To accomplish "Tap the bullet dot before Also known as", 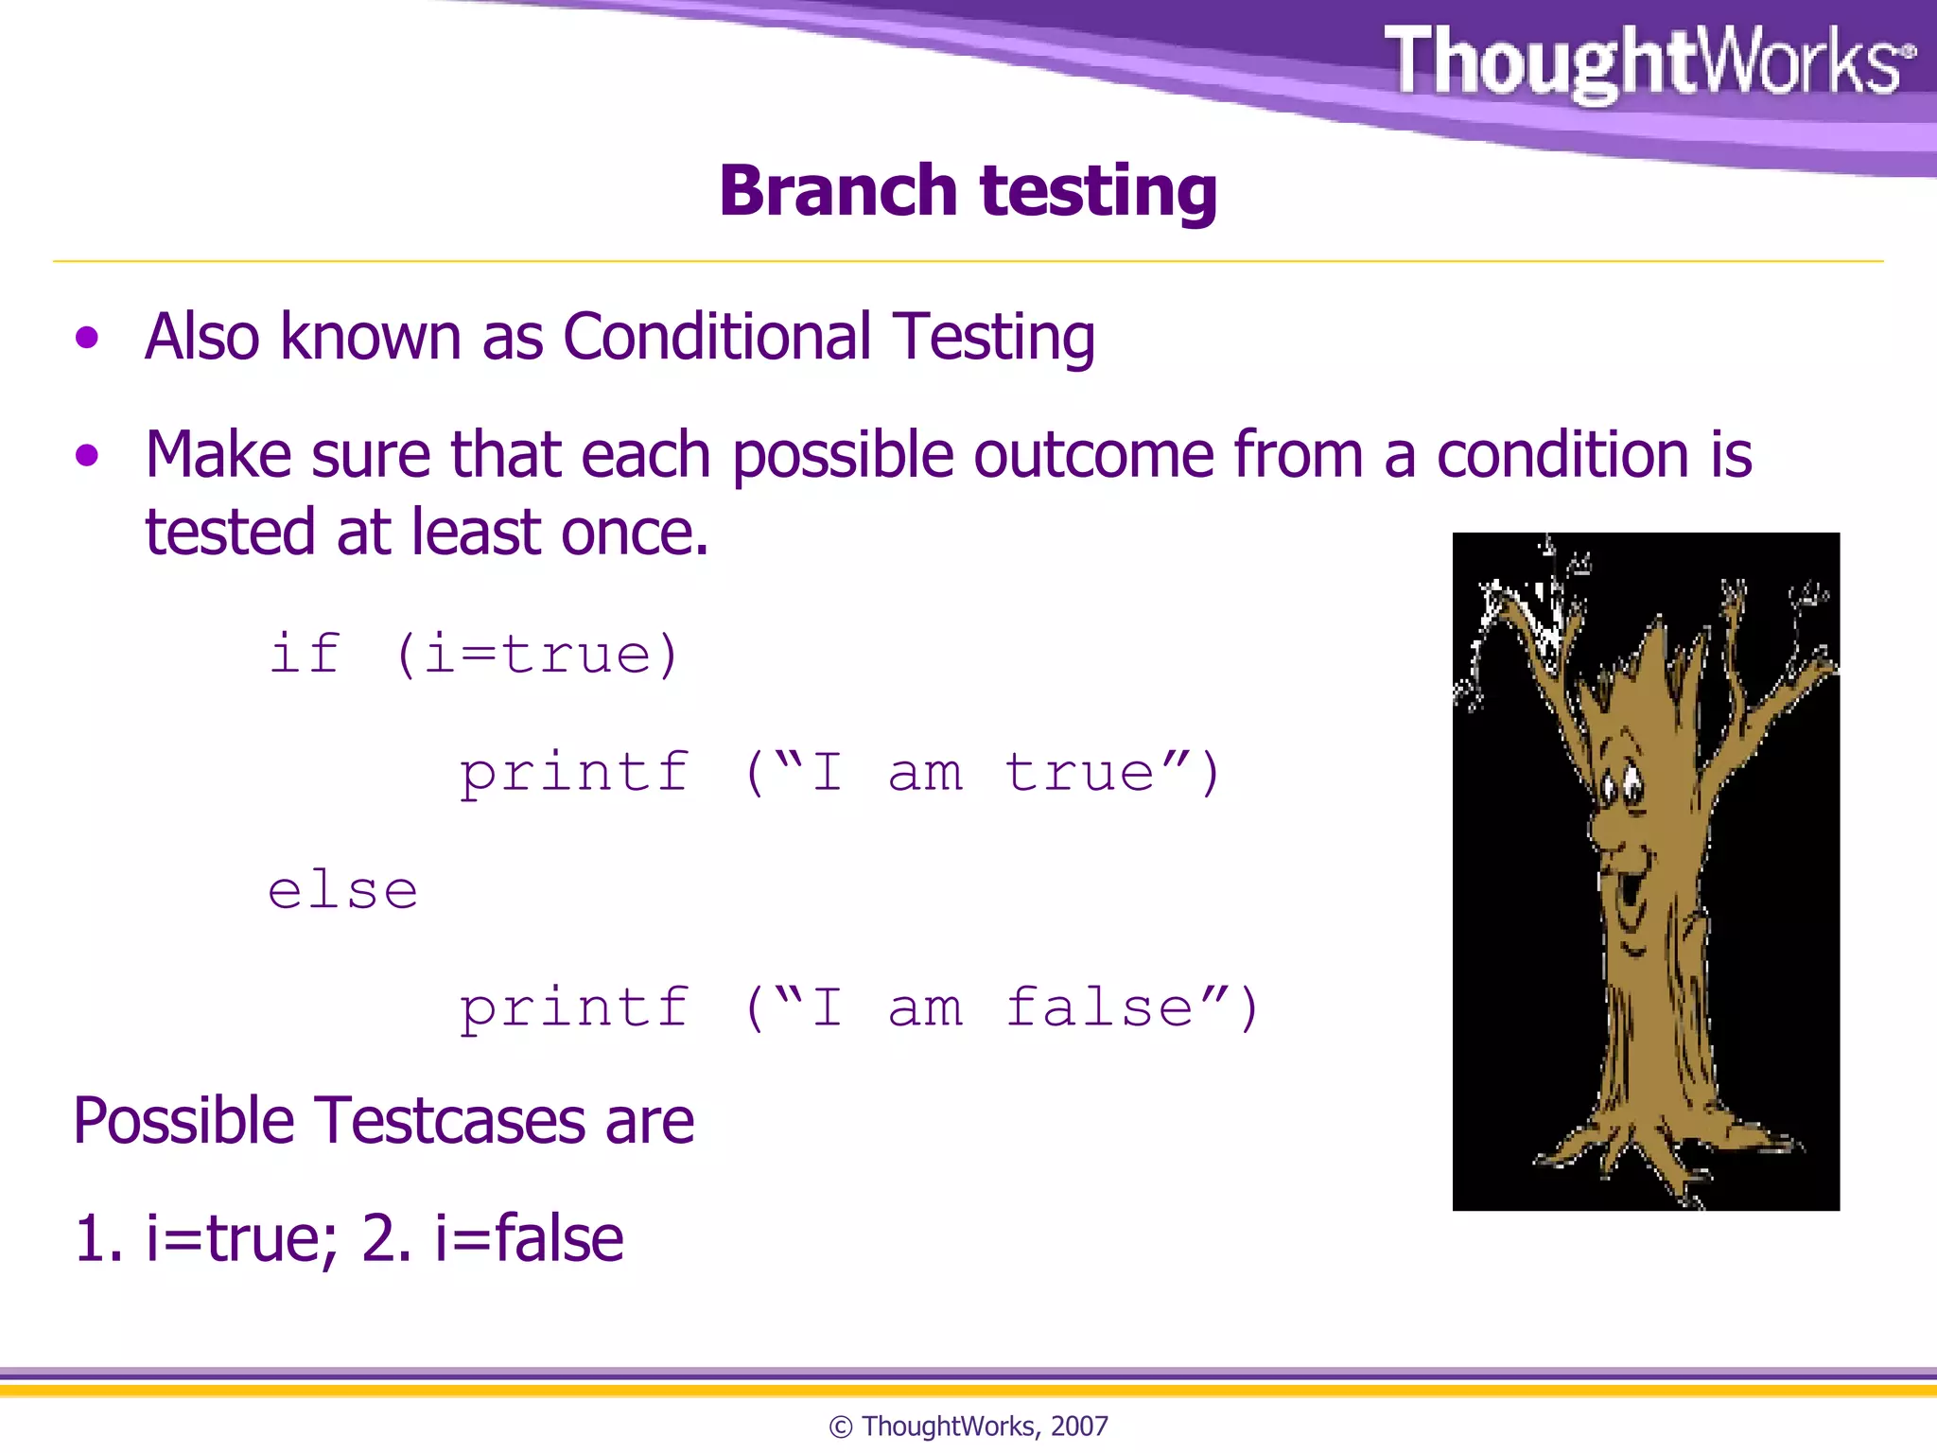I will pyautogui.click(x=87, y=338).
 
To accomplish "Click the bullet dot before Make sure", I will pyautogui.click(x=87, y=456).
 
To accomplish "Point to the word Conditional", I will pyautogui.click(x=716, y=337).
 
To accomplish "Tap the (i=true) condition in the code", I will pyautogui.click(x=537, y=654).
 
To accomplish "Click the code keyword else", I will pyautogui.click(x=342, y=890).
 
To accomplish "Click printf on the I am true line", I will pyautogui.click(x=574, y=773).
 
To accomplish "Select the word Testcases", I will pyautogui.click(x=450, y=1121).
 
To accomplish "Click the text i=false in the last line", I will pyautogui.click(x=529, y=1238).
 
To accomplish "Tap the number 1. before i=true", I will pyautogui.click(x=98, y=1238).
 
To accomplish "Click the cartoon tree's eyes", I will pyautogui.click(x=1621, y=784).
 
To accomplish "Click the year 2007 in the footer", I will pyautogui.click(x=1079, y=1427).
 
